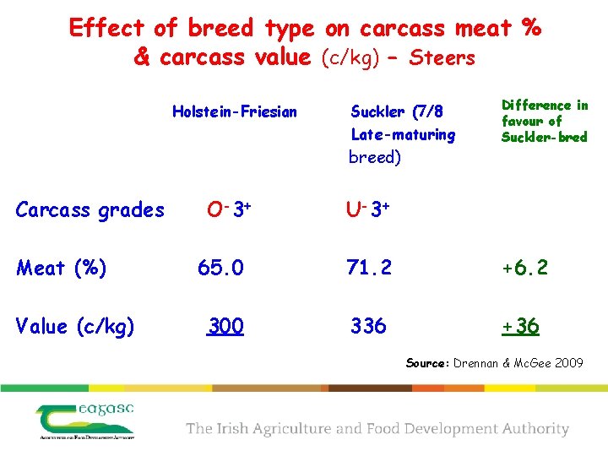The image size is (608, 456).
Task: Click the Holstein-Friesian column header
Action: (x=234, y=111)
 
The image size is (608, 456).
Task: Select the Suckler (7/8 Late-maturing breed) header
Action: (x=403, y=133)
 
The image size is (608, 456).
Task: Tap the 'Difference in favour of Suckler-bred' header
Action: (x=544, y=121)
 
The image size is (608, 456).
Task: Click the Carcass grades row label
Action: (x=90, y=209)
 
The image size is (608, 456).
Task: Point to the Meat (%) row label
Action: (x=62, y=268)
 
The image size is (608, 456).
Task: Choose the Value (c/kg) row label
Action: (x=75, y=326)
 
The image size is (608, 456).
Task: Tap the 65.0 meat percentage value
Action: (x=220, y=268)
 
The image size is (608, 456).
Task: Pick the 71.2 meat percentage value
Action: (x=369, y=268)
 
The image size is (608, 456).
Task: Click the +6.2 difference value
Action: (x=524, y=268)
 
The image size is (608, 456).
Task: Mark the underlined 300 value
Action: (x=226, y=326)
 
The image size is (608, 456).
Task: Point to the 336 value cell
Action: (x=369, y=326)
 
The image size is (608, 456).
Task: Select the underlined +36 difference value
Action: (x=520, y=326)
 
